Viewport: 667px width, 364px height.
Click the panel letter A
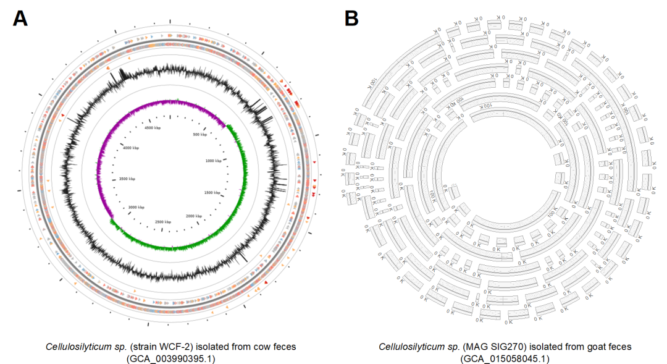20,19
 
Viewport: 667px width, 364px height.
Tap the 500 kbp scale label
200,134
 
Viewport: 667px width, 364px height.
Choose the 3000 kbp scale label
136,207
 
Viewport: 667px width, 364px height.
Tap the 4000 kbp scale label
132,148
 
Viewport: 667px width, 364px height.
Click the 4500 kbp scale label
153,128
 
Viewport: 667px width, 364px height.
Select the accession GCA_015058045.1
505,358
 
